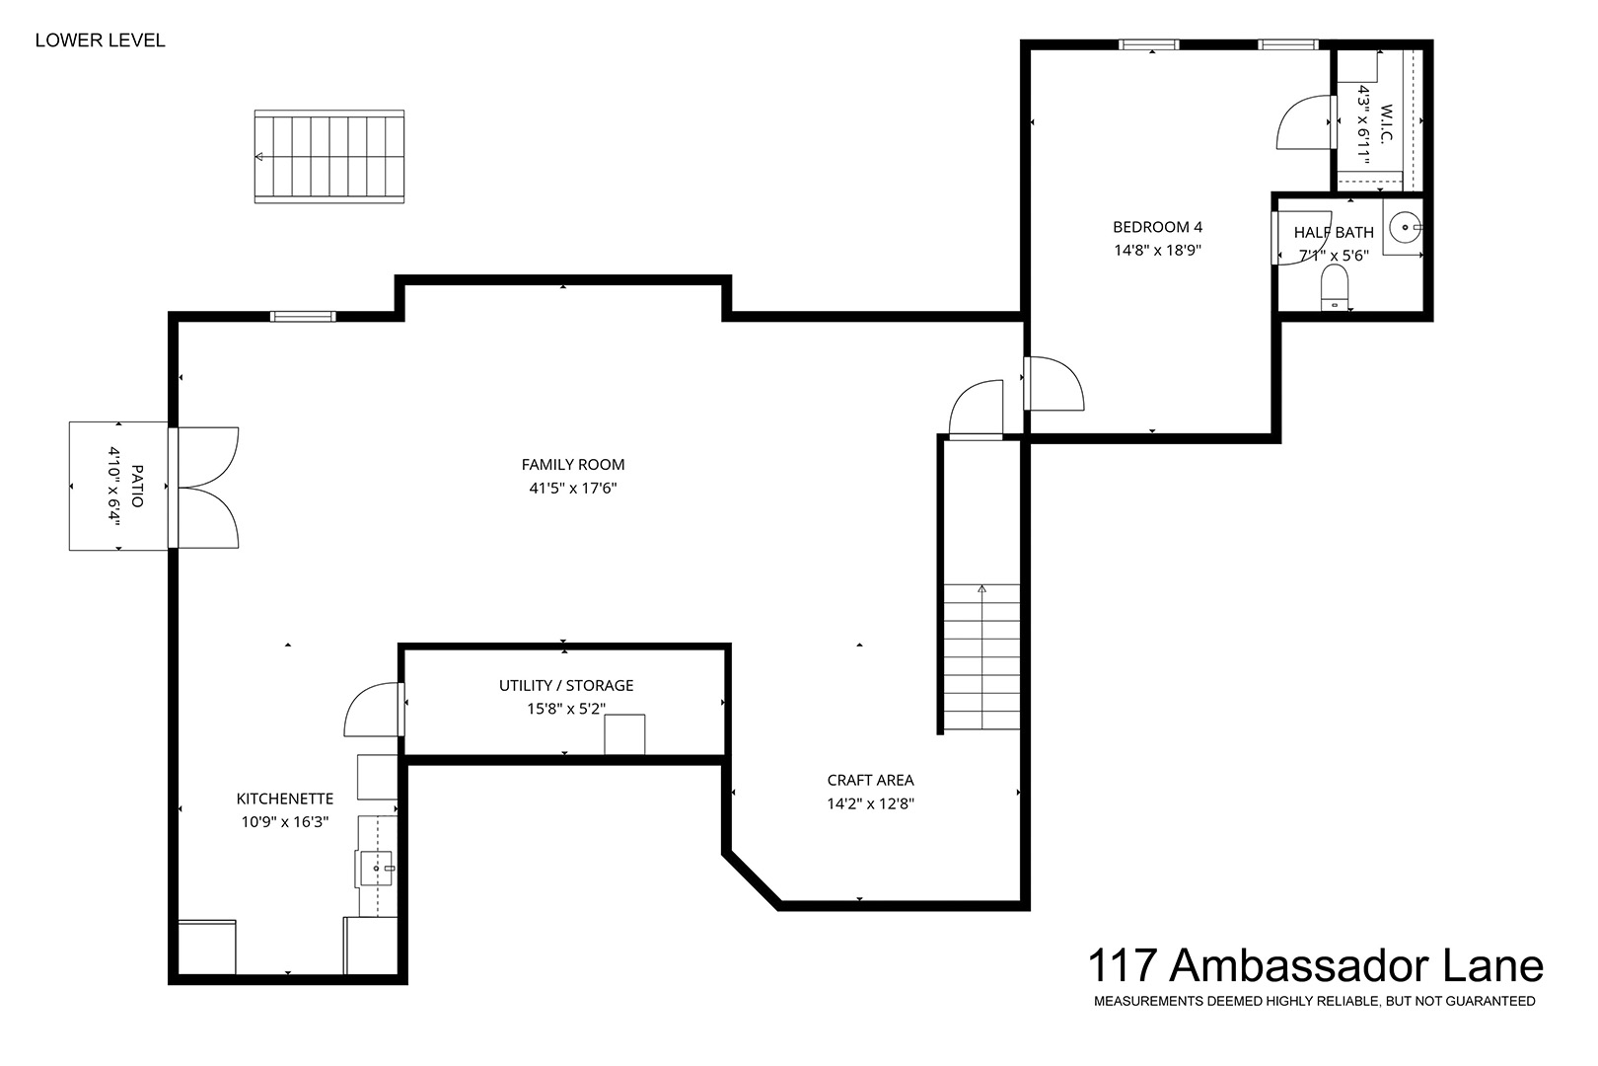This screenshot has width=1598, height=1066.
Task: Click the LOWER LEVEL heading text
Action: point(100,40)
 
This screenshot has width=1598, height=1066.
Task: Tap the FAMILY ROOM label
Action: point(573,465)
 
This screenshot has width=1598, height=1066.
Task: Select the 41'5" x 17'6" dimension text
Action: point(573,489)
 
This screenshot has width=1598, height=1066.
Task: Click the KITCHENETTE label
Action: point(285,799)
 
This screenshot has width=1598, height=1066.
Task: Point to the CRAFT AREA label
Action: point(870,781)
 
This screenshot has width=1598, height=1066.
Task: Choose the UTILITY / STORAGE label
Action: point(566,685)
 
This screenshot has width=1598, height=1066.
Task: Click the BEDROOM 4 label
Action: point(1157,227)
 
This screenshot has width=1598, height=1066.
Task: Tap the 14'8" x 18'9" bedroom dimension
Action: point(1157,251)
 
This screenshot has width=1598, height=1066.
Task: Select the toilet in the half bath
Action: point(1334,288)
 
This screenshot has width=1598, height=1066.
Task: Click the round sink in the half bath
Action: point(1405,228)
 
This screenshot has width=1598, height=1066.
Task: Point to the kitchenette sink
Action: point(376,869)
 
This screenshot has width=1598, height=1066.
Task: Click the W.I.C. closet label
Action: point(1386,123)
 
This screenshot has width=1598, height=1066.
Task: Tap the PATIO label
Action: point(137,487)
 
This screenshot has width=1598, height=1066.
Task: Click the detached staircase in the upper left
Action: point(329,156)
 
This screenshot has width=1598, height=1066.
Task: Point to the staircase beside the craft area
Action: point(981,657)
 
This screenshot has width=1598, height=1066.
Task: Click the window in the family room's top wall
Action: point(303,316)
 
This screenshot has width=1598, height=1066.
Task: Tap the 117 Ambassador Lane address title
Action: point(1315,965)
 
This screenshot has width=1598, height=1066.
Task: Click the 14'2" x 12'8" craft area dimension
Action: point(870,804)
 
